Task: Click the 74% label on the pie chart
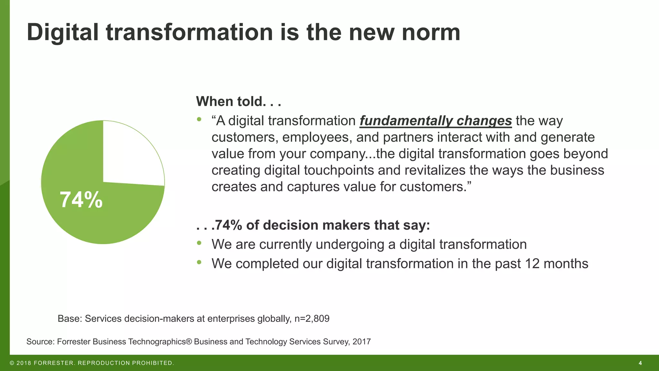[81, 200]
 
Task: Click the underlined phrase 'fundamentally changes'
[435, 121]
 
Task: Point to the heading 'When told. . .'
[238, 101]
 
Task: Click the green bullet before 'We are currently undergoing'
[199, 243]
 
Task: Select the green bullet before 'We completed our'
[199, 262]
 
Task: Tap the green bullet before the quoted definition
[199, 119]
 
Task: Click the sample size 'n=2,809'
[312, 319]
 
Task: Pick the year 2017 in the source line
[361, 341]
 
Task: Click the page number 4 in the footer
[640, 363]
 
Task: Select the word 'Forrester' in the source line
[74, 341]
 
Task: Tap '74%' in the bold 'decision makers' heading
[228, 225]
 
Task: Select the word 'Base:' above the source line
[70, 319]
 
